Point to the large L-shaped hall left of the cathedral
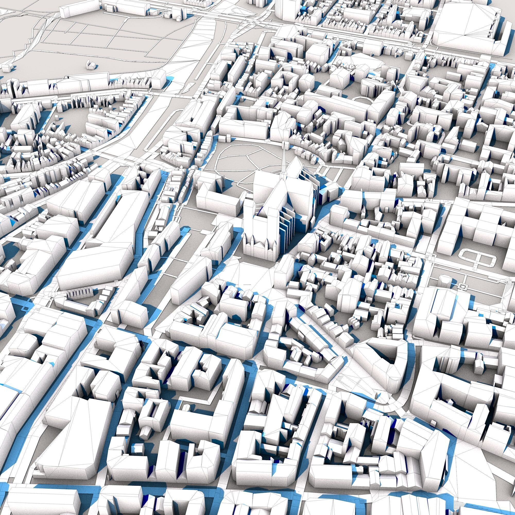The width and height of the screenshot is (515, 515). pos(104,240)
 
